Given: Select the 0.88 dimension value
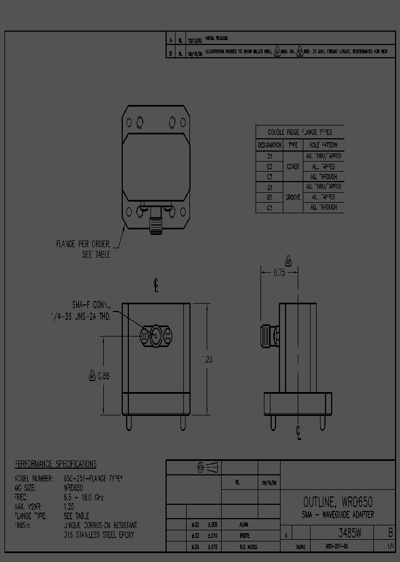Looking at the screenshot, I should coord(103,376).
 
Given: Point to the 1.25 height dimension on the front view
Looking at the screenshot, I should coord(207,359).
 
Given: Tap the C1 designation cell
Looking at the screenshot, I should coord(269,156).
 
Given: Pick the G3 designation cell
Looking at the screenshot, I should coord(269,207).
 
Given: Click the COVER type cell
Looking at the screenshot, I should coord(293,167).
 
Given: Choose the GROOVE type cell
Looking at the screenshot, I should coord(293,197).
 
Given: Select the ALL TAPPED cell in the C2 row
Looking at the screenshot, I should coord(323,167).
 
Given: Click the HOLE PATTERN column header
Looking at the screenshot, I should coord(323,145).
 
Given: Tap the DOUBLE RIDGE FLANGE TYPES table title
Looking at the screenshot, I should coord(299,132).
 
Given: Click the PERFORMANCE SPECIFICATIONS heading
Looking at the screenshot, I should coord(55,464).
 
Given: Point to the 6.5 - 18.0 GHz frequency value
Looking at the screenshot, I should coord(84,498).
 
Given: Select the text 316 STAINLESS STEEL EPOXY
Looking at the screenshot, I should coord(99,535).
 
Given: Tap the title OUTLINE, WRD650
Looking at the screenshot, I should coord(337,503).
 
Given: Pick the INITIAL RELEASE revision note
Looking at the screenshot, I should coord(216,38).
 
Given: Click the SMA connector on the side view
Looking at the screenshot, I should coord(271,337).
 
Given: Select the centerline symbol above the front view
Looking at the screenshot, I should coord(157,285).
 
